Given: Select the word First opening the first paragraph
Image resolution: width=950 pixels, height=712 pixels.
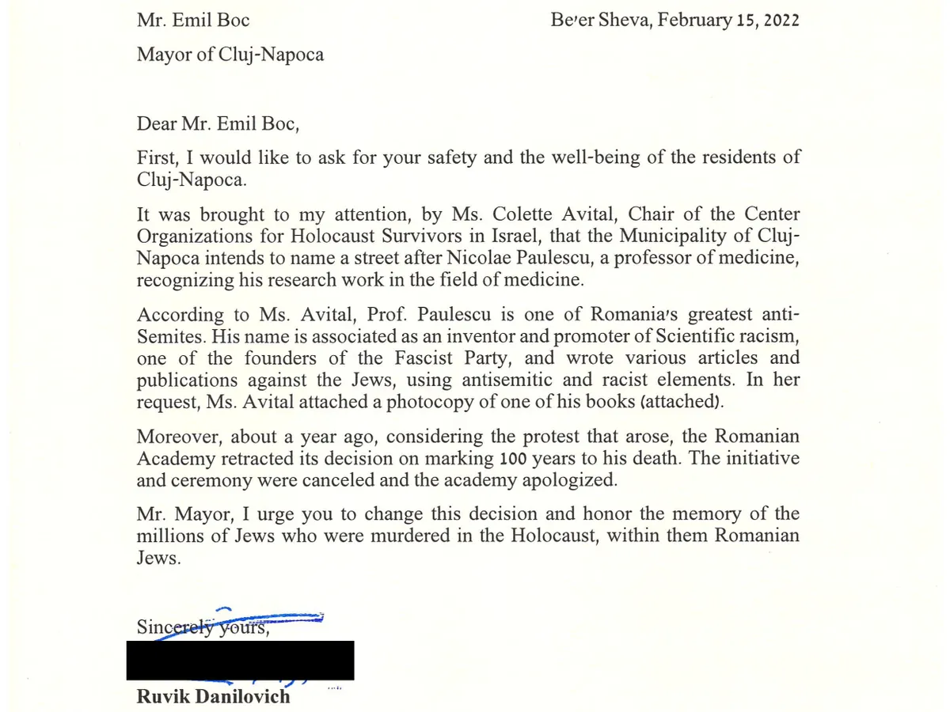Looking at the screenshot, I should pos(157,157).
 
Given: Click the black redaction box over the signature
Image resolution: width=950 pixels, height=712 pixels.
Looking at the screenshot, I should pos(240,661).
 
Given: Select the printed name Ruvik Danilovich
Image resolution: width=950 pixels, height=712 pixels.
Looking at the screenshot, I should pos(213,697).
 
